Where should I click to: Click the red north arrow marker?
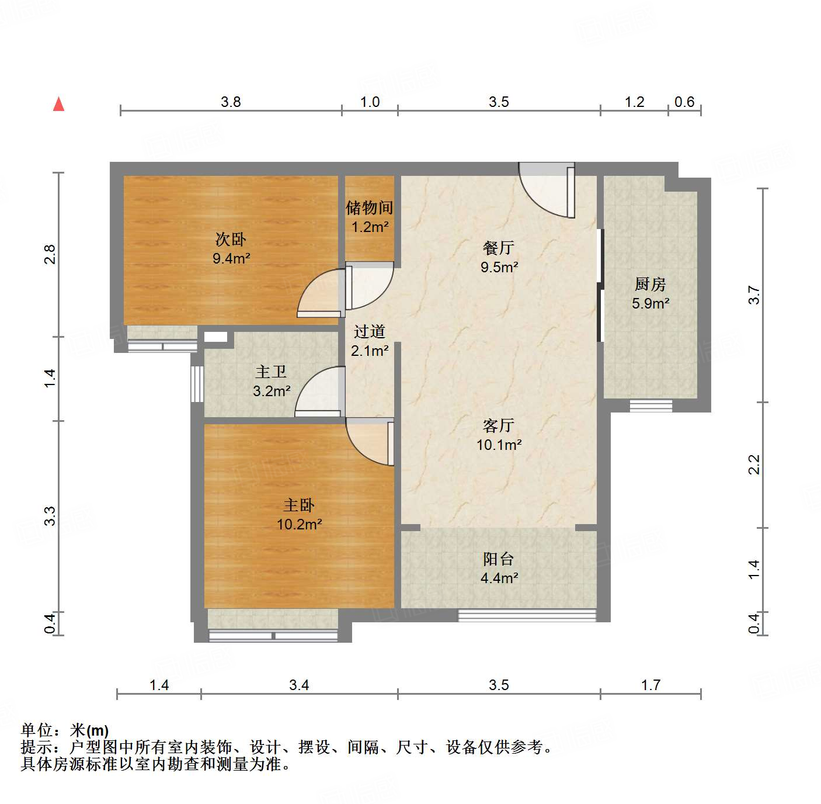[58, 104]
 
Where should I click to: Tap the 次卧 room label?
[231, 239]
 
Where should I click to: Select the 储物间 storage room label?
[369, 207]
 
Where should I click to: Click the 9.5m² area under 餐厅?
[499, 267]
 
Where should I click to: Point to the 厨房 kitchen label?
[650, 285]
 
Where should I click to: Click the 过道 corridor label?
[369, 332]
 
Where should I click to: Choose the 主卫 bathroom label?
[271, 372]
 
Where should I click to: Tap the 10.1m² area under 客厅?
[499, 445]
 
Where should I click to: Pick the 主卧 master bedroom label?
[299, 505]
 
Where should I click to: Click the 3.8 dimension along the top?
[231, 102]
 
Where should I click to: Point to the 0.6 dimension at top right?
[684, 102]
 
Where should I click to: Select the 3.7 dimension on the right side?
[754, 295]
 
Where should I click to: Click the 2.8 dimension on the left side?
[50, 255]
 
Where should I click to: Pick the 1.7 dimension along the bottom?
[650, 685]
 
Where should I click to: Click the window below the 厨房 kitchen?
[650, 405]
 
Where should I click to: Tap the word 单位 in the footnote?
[37, 730]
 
